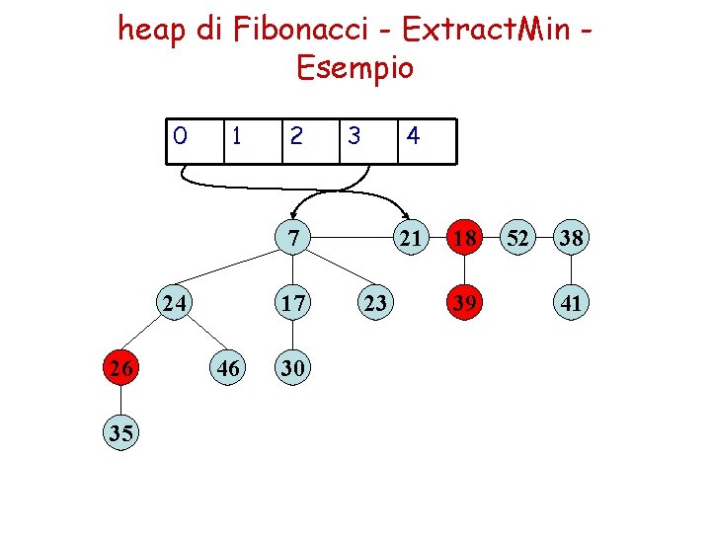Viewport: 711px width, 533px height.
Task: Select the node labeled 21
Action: click(410, 238)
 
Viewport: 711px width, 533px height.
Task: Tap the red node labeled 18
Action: click(463, 238)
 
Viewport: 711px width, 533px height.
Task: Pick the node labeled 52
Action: click(517, 238)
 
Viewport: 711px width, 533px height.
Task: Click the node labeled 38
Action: click(571, 238)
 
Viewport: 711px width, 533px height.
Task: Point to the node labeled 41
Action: click(571, 303)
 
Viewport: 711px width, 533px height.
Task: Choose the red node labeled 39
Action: click(463, 303)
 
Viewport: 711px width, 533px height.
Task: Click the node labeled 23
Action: click(374, 303)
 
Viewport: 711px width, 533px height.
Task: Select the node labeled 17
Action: click(293, 303)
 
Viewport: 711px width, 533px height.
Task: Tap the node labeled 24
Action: click(175, 303)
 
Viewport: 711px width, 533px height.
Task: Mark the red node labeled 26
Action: click(120, 368)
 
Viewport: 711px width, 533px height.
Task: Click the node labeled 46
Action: click(228, 368)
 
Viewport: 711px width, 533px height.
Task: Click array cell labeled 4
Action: click(426, 140)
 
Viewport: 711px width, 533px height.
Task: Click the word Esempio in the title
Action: click(355, 68)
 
